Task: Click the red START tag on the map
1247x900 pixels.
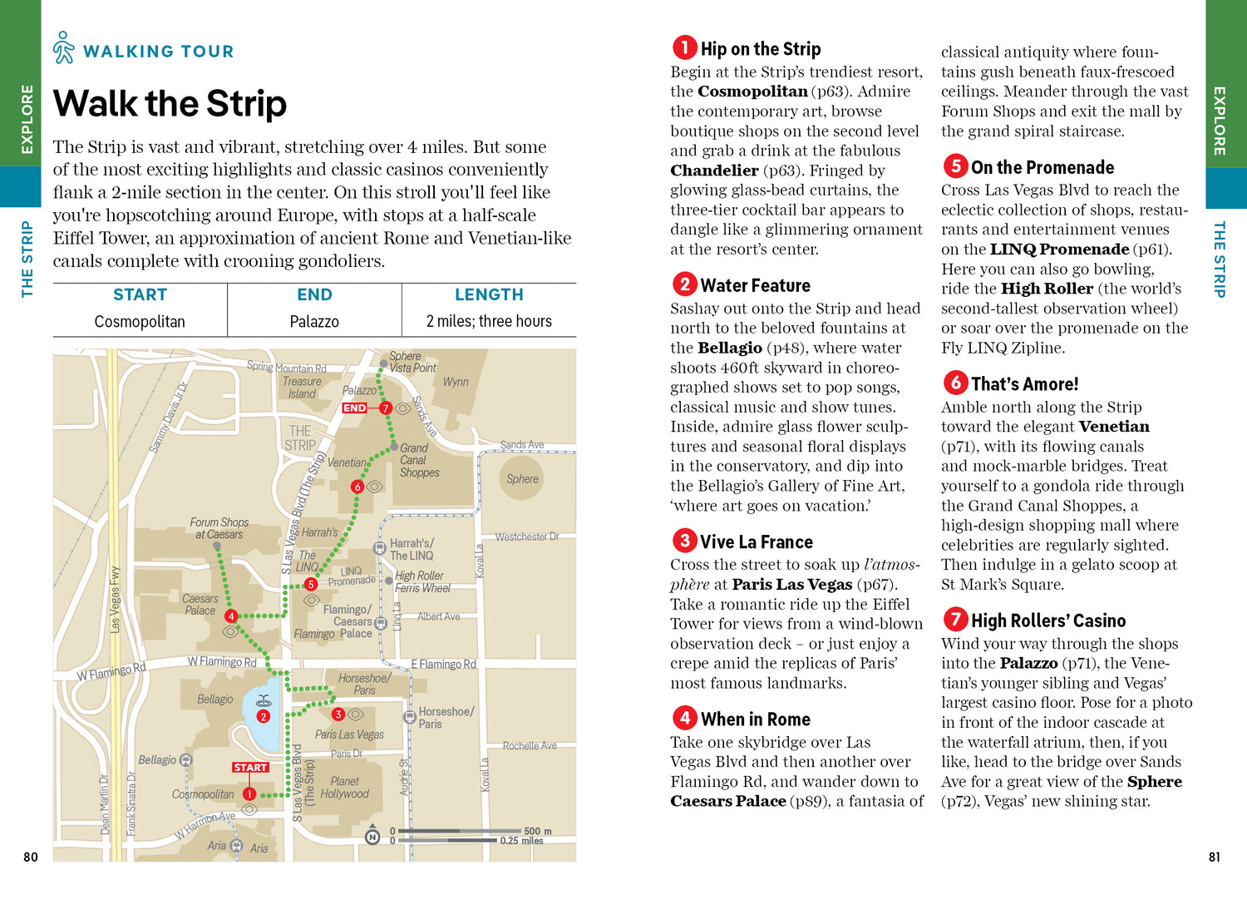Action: (x=250, y=767)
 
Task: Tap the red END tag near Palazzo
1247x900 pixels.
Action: (x=354, y=408)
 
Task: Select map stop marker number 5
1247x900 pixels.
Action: (x=311, y=584)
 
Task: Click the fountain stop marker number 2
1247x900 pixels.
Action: (x=264, y=715)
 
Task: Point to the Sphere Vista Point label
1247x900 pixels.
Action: (x=412, y=362)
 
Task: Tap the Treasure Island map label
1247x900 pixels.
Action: (x=302, y=388)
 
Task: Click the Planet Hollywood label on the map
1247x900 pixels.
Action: (x=344, y=788)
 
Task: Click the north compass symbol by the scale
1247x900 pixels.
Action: (x=372, y=837)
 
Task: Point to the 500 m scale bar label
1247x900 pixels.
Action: (x=538, y=831)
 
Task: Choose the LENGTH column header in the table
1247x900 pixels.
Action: (x=489, y=294)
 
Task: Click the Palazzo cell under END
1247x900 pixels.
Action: (x=314, y=321)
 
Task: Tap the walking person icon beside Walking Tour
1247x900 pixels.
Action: (x=64, y=48)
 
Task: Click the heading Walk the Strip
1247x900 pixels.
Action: (x=170, y=104)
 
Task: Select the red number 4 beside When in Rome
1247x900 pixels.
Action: (x=684, y=718)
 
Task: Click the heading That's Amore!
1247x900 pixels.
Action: (x=1024, y=384)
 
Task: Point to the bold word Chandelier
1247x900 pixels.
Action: (x=714, y=171)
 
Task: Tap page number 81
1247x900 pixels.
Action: (x=1214, y=857)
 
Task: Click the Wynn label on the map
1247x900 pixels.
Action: (x=456, y=382)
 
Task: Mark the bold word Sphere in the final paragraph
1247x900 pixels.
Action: (x=1154, y=782)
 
